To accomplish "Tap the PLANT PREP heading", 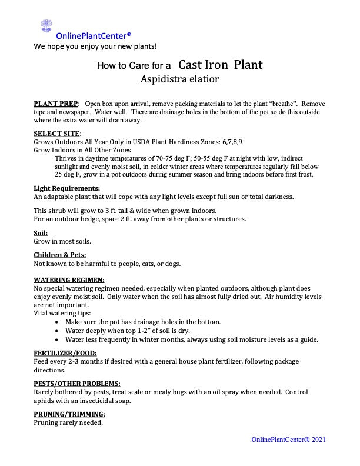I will click(x=56, y=104).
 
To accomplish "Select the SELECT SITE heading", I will click(x=57, y=134).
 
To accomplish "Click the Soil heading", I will click(x=41, y=232).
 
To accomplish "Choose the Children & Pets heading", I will click(x=60, y=255).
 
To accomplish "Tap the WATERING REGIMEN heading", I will click(x=69, y=280).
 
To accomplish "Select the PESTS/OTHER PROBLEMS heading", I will click(x=77, y=383).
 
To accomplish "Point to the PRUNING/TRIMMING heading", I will click(x=69, y=414).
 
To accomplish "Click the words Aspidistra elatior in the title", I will click(x=179, y=78).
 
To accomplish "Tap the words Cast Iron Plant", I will click(x=221, y=64).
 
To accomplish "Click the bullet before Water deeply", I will click(x=56, y=331).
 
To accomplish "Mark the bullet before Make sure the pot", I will click(x=56, y=322).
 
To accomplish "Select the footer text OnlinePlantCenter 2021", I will click(x=288, y=440).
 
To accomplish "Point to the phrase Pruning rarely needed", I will click(x=68, y=422).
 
